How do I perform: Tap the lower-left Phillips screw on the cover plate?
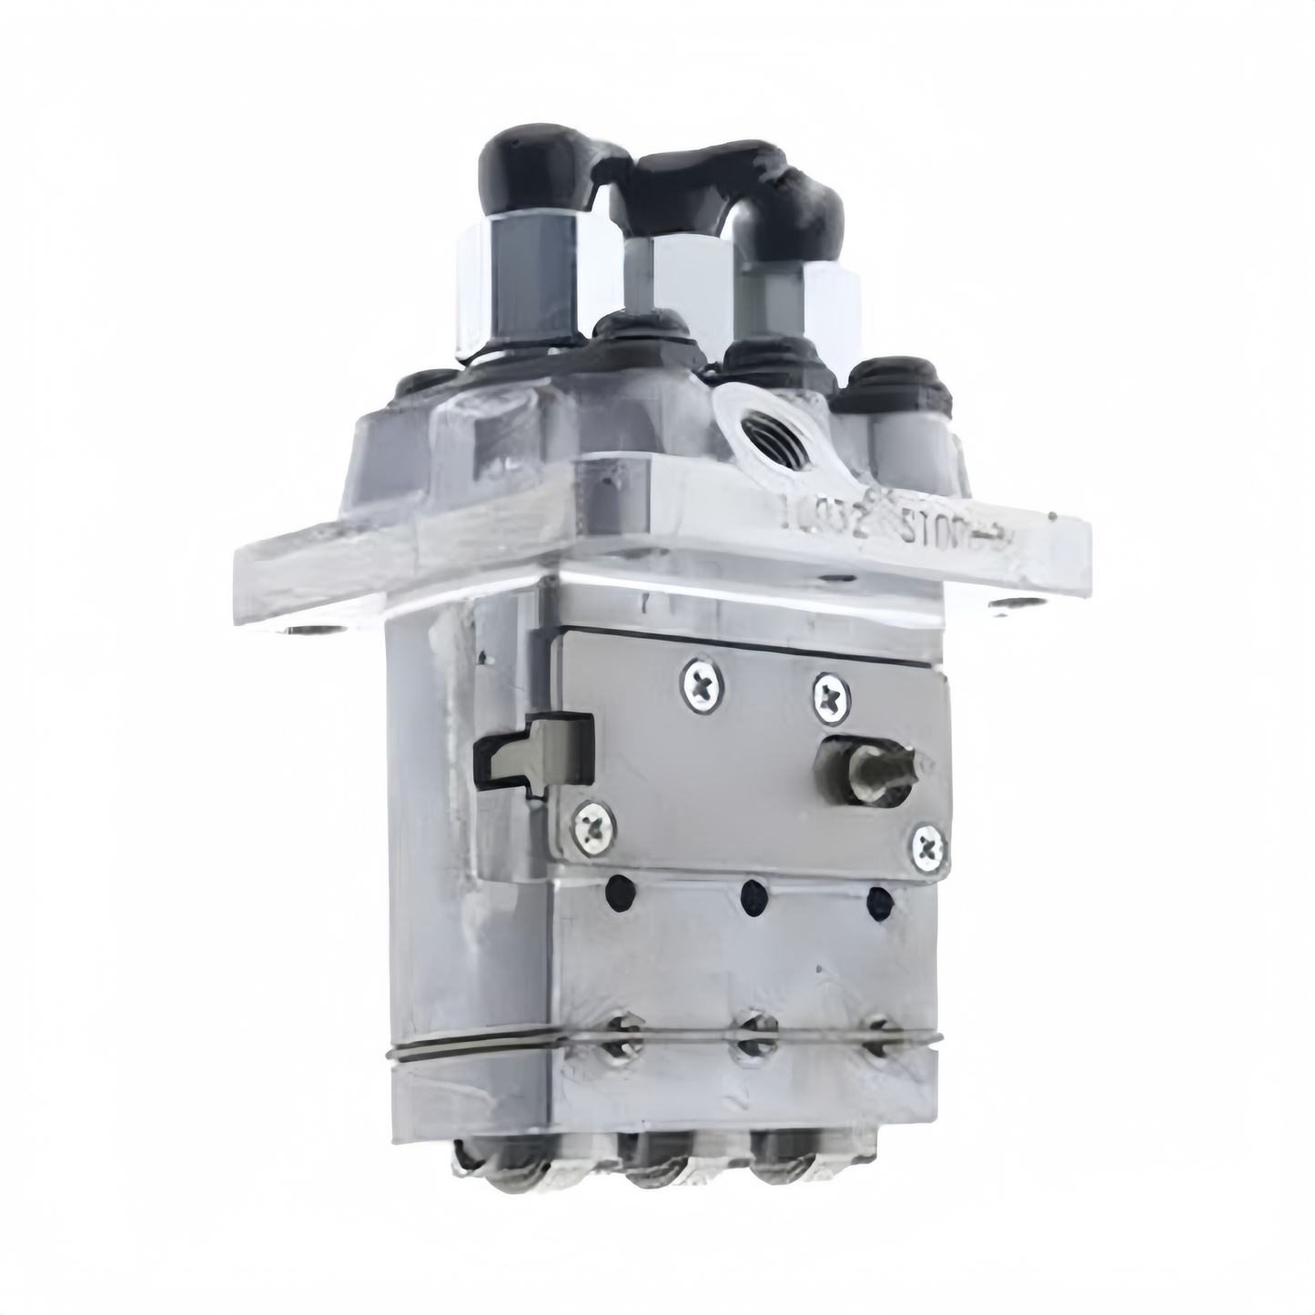(588, 824)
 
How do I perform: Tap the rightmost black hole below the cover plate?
(880, 903)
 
